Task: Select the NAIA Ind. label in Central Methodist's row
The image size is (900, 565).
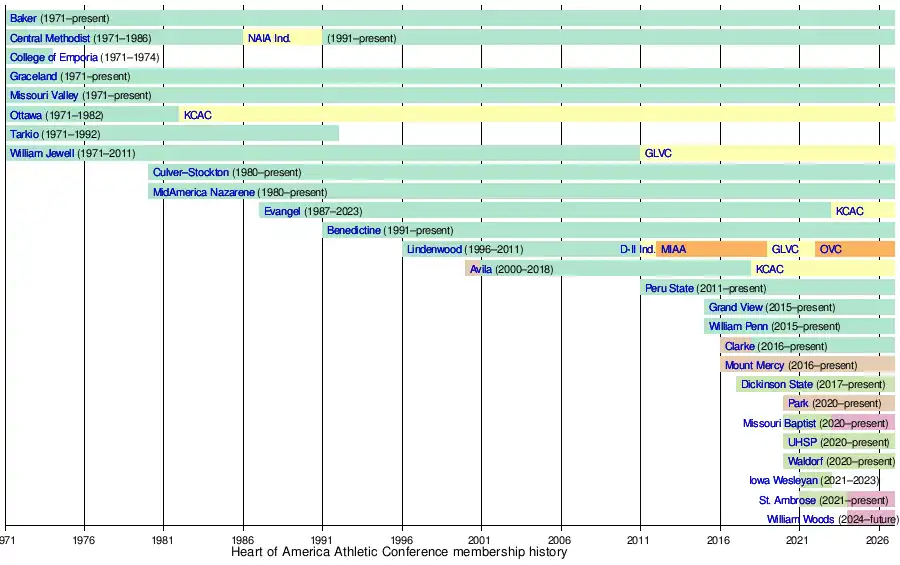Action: click(269, 38)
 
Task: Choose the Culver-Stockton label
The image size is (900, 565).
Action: click(191, 172)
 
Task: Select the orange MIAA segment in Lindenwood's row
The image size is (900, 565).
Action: click(711, 249)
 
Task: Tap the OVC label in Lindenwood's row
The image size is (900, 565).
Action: click(831, 249)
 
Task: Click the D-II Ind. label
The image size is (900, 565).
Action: click(637, 249)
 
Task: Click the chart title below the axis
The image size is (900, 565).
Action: click(399, 552)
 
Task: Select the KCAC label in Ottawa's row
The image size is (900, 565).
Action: click(197, 115)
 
